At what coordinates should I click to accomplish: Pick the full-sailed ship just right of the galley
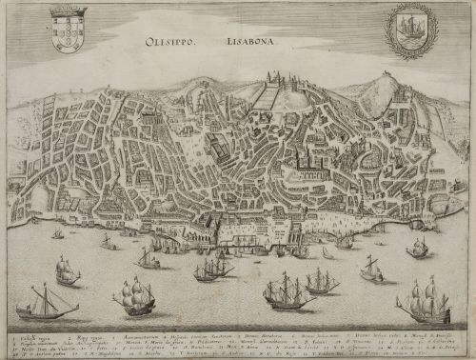pyautogui.click(x=134, y=298)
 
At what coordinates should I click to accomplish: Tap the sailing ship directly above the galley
pyautogui.click(x=67, y=272)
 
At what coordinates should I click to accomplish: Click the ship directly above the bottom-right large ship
pyautogui.click(x=418, y=249)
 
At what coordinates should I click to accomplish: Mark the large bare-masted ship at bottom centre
pyautogui.click(x=288, y=295)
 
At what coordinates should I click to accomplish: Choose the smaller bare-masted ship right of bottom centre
pyautogui.click(x=322, y=282)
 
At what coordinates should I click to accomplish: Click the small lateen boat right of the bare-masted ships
pyautogui.click(x=371, y=270)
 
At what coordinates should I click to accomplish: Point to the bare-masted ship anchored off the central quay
pyautogui.click(x=213, y=271)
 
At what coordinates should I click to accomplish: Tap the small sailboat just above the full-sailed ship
pyautogui.click(x=148, y=258)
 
